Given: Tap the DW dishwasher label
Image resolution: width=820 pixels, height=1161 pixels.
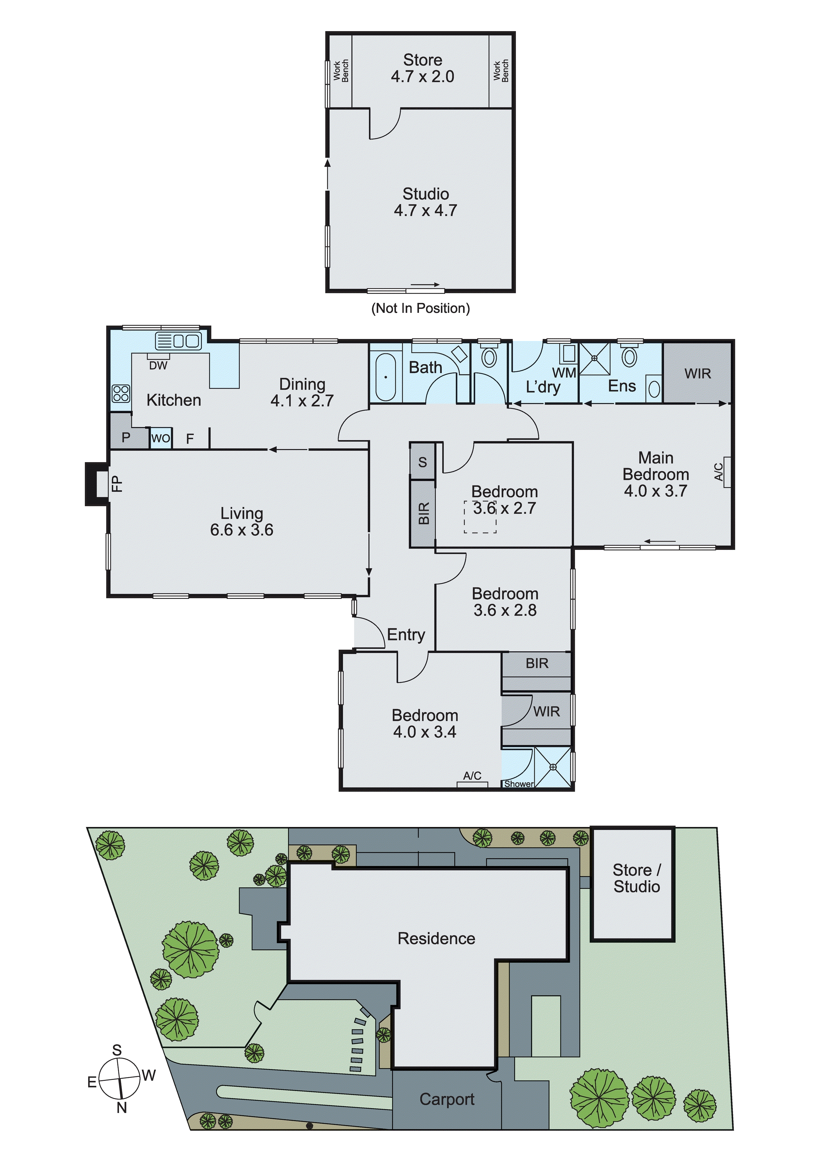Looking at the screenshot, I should click(x=158, y=365).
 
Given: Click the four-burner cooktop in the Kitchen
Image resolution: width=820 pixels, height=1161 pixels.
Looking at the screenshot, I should click(x=121, y=393).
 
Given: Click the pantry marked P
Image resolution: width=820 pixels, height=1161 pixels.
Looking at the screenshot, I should click(x=126, y=437).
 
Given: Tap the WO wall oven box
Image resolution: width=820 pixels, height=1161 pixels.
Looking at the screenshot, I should click(x=161, y=438).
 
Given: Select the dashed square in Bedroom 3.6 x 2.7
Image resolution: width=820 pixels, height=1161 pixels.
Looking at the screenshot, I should click(x=480, y=516).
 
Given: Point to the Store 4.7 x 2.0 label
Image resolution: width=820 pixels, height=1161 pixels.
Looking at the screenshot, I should click(x=422, y=68).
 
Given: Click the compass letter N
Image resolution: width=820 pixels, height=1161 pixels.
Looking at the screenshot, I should click(x=121, y=1107).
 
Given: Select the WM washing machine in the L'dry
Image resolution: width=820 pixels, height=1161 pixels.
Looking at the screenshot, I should click(x=569, y=354).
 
